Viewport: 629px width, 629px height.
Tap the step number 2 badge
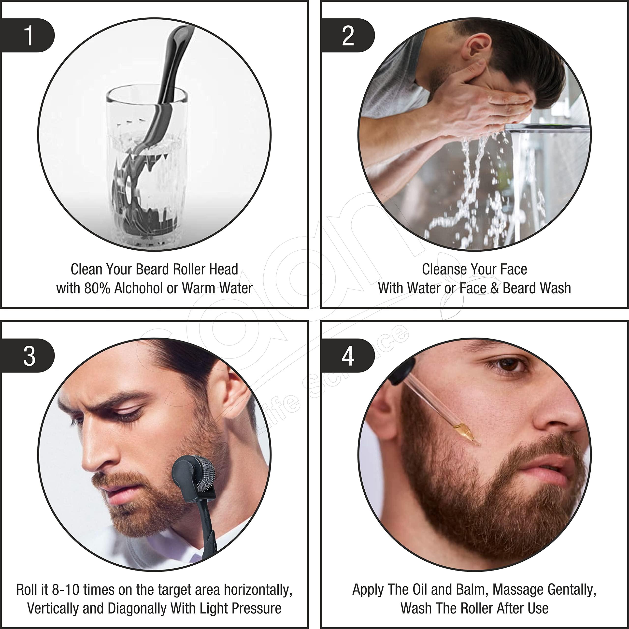[x=348, y=35]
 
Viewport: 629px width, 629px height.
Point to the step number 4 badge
[x=348, y=356]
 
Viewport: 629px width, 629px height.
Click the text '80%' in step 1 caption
[x=97, y=288]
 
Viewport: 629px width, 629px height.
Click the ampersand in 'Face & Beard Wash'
[x=495, y=288]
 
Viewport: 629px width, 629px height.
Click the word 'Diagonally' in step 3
[x=137, y=609]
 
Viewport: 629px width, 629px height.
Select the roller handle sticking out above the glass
[x=176, y=59]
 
